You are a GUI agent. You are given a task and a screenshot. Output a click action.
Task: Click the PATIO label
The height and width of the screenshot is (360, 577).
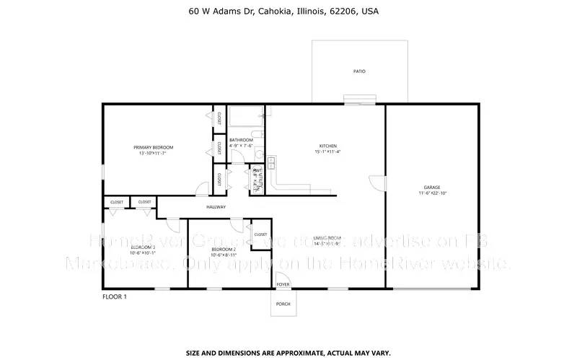click(x=358, y=71)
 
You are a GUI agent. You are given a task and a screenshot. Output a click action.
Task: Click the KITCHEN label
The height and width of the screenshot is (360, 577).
click(x=328, y=146)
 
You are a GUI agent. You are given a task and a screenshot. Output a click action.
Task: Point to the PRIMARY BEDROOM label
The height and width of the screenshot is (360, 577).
click(x=153, y=147)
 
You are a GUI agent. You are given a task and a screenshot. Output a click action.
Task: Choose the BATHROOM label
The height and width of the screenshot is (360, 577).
click(x=241, y=139)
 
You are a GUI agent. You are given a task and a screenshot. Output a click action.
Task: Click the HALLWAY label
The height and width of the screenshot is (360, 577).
click(x=216, y=207)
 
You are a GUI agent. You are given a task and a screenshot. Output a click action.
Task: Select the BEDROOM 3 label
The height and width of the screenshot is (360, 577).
click(x=143, y=247)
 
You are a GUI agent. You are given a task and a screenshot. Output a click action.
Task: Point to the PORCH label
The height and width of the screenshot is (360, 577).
click(x=283, y=304)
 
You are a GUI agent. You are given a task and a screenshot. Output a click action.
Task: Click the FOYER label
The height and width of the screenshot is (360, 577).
click(x=283, y=284)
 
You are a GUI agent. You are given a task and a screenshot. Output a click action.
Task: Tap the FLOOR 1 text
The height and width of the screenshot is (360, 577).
click(x=114, y=297)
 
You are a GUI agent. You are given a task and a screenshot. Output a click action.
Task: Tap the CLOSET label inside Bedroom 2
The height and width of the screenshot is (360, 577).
click(x=260, y=234)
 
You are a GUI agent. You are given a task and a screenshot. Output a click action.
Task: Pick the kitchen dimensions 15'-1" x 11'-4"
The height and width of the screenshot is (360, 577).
click(x=328, y=152)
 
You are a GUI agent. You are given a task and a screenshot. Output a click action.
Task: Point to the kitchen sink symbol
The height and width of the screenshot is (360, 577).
click(x=272, y=162)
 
